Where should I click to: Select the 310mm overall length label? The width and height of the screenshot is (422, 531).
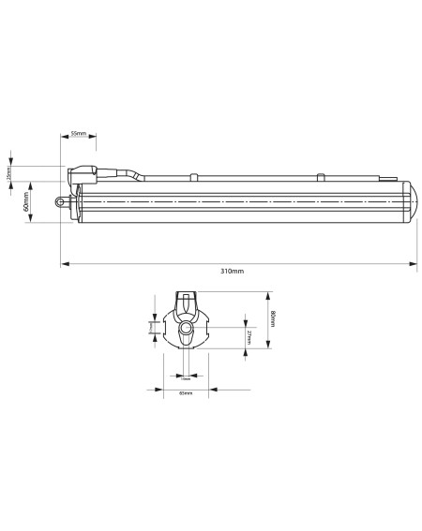click(233, 271)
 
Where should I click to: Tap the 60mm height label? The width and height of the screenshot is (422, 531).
click(26, 201)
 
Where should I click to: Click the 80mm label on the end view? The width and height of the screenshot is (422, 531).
click(272, 318)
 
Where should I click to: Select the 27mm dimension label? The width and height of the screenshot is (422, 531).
click(248, 336)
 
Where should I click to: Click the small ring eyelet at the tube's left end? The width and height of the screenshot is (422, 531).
click(62, 199)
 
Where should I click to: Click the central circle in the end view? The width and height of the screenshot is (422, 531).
click(186, 331)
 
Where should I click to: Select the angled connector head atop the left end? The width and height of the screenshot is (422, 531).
click(82, 175)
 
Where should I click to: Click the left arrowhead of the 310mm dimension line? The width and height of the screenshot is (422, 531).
click(64, 263)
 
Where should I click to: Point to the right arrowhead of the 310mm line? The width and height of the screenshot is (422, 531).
click(415, 263)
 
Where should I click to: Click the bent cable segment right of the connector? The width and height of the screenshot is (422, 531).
click(127, 172)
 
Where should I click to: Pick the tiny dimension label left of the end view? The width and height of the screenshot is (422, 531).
click(151, 327)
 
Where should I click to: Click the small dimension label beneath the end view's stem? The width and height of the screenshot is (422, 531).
click(186, 379)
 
